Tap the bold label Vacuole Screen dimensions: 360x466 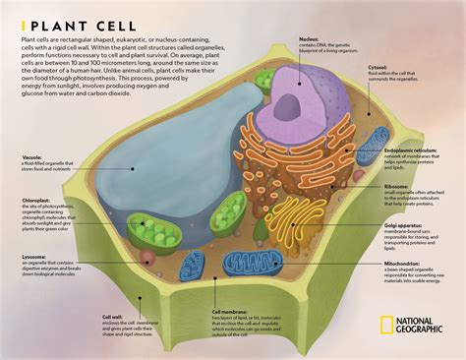point(33,156)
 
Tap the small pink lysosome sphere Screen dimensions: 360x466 point(146,257)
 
